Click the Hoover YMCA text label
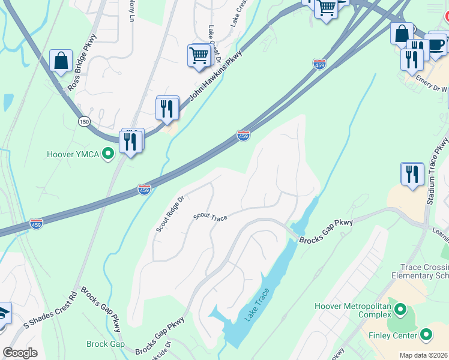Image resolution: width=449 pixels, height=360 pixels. click(x=73, y=154)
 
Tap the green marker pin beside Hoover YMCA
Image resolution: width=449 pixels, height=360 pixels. click(x=108, y=154)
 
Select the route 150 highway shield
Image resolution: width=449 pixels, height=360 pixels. click(x=83, y=122)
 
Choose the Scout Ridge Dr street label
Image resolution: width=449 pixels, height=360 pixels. click(x=169, y=214)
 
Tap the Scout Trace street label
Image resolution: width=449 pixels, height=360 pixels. click(x=210, y=217)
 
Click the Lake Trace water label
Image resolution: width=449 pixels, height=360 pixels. click(x=254, y=307)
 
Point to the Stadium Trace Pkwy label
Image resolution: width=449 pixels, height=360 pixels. click(x=436, y=172)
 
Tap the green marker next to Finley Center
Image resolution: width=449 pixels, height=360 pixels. click(x=426, y=335)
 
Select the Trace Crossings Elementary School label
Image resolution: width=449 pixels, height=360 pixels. click(x=424, y=271)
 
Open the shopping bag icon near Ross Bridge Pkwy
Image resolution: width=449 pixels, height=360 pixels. click(x=61, y=60)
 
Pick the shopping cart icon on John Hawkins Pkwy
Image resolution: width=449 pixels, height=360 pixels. click(x=199, y=56)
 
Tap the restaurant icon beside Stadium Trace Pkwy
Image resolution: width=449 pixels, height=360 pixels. click(x=412, y=174)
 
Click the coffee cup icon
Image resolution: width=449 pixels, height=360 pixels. click(x=436, y=44)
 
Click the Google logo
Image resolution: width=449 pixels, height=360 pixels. click(x=20, y=353)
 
